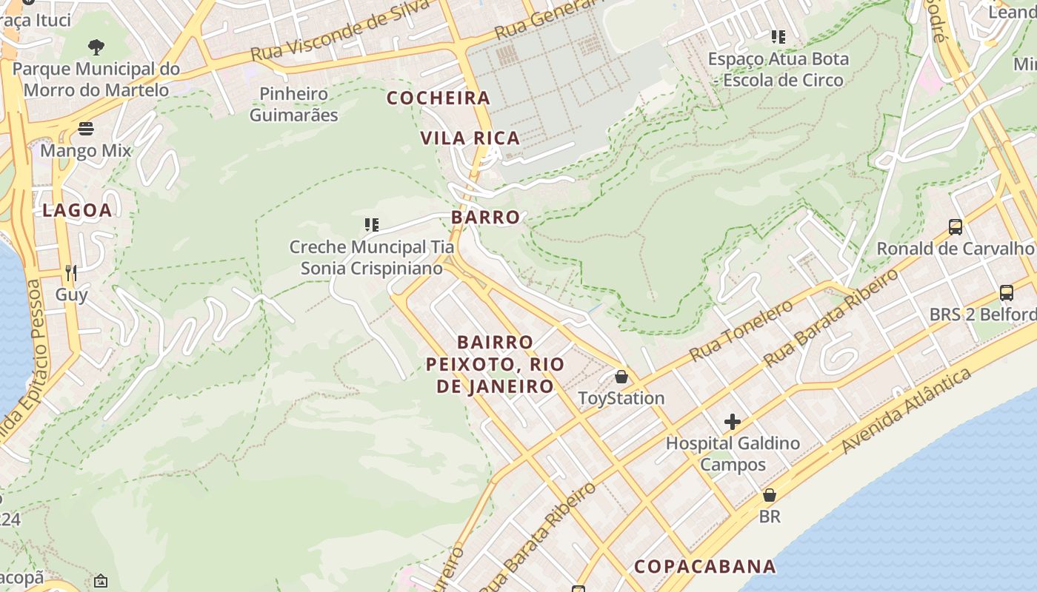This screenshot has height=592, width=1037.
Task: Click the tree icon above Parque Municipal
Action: tap(96, 47)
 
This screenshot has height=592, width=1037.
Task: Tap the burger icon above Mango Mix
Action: tap(85, 129)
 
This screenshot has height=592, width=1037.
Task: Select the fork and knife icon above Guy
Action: tap(71, 273)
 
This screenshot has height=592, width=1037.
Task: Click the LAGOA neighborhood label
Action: tap(77, 210)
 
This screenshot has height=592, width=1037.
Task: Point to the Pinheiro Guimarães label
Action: tap(293, 104)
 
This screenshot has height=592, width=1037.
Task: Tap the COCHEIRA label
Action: tap(439, 98)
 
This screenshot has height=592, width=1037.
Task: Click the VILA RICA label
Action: tap(470, 138)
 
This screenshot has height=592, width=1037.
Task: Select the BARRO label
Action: tap(485, 217)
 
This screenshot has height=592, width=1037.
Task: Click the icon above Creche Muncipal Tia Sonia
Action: tap(371, 225)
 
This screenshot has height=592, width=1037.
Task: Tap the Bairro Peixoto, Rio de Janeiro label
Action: tap(495, 364)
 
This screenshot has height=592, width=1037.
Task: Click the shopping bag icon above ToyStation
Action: tap(621, 377)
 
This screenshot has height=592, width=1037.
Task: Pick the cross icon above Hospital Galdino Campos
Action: tap(732, 422)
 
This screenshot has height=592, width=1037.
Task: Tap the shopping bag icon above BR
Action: tap(770, 495)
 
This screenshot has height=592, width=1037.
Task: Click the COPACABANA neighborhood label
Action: tap(704, 566)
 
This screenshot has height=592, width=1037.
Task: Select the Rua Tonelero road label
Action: tap(741, 330)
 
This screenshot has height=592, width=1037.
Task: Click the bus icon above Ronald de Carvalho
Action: tap(956, 227)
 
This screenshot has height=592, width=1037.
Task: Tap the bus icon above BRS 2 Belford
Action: tap(1006, 292)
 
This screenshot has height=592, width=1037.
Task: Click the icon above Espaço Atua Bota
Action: tap(778, 36)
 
